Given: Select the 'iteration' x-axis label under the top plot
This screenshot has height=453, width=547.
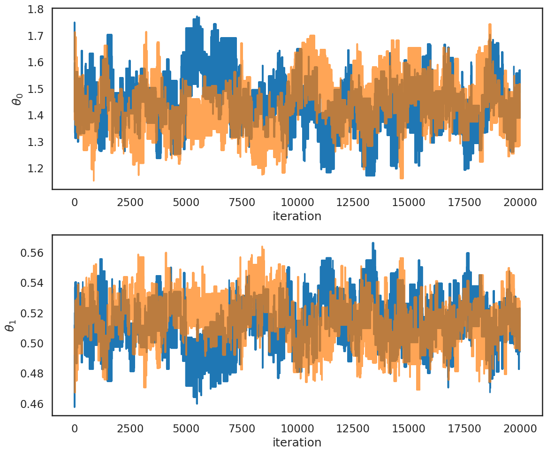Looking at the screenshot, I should [x=297, y=216].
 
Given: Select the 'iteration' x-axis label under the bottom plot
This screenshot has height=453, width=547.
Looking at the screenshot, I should [x=297, y=442].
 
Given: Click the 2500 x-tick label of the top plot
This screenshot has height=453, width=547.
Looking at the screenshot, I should [x=130, y=202].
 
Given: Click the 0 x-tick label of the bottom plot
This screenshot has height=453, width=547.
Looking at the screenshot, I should [x=75, y=429].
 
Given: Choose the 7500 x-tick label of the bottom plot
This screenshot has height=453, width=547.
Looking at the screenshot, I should [x=242, y=429].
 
